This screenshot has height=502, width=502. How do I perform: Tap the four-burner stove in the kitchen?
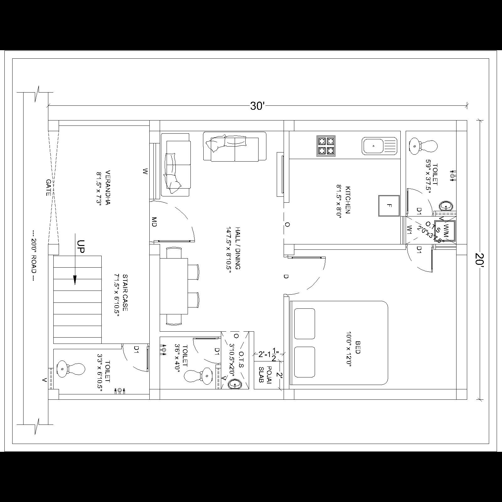click(326, 146)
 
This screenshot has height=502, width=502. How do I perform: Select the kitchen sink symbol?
click(379, 146)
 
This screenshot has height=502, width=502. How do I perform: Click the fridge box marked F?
click(389, 206)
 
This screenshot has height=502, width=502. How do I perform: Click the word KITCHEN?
click(348, 200)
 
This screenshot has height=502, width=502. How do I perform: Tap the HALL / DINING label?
click(238, 248)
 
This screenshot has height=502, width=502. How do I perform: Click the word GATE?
click(49, 187)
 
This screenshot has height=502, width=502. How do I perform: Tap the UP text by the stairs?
click(81, 247)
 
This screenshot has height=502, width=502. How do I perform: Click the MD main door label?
click(154, 222)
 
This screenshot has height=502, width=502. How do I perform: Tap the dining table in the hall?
click(174, 286)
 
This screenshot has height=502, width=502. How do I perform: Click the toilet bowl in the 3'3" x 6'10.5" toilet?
click(71, 369)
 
